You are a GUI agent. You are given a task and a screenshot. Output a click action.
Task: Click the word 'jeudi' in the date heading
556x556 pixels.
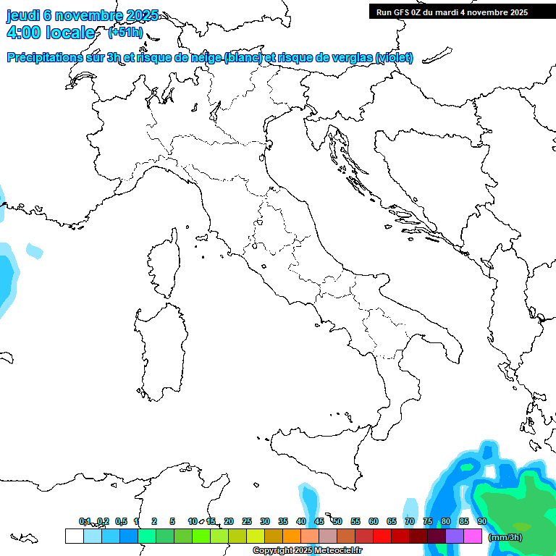coord(23,15)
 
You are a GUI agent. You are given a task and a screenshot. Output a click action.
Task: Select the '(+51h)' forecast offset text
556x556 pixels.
coord(125,33)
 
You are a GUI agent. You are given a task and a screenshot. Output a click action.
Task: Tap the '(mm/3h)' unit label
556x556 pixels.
coord(505,537)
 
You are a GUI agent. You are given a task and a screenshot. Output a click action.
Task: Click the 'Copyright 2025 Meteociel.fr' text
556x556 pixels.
coord(307,551)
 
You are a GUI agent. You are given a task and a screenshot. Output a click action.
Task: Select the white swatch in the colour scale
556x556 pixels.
coord(74,536)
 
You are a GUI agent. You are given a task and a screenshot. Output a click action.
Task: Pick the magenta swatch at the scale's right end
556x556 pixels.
coord(473,536)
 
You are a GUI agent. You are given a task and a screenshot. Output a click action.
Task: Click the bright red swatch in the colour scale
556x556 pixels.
coord(382,536)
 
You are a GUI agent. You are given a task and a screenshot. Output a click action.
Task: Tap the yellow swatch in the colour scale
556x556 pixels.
coord(256,536)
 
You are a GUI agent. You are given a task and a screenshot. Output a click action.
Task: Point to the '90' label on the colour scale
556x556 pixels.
coord(482,521)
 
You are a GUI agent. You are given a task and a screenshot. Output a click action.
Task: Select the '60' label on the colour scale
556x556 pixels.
coord(374,521)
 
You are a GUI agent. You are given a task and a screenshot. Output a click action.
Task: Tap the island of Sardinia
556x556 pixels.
coord(159,347)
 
